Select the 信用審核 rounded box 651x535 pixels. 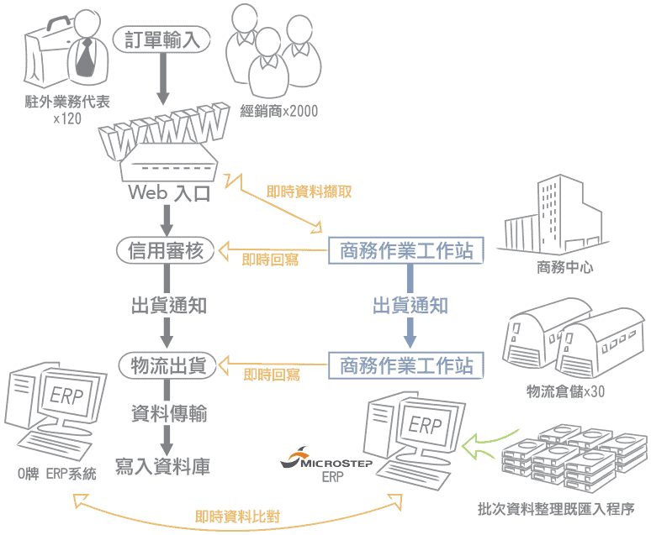tap(165, 250)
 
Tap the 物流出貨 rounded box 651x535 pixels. tap(166, 365)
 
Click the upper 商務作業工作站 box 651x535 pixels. tap(406, 250)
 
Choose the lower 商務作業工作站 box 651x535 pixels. tap(406, 365)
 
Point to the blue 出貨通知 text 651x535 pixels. tap(410, 306)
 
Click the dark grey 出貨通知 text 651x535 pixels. tap(168, 306)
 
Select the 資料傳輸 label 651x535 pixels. tap(168, 414)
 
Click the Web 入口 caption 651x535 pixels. tap(169, 193)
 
